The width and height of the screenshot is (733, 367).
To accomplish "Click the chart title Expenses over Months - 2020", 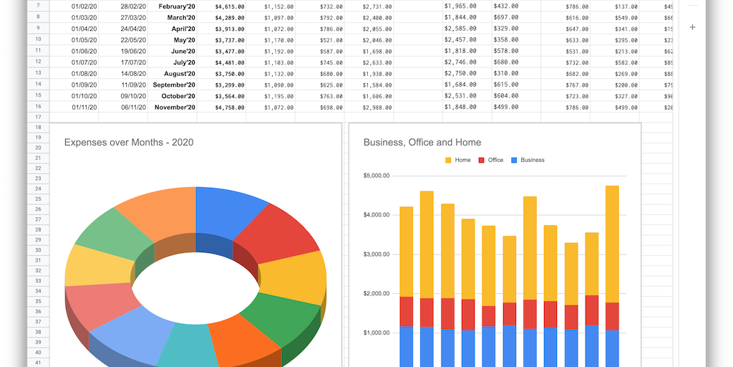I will click(x=129, y=142).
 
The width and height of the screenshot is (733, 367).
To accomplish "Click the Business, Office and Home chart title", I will click(x=422, y=142).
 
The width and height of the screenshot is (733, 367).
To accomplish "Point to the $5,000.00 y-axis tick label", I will click(x=376, y=176).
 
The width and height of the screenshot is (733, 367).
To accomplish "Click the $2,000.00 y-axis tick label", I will click(x=376, y=294).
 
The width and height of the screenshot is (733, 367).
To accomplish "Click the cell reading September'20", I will click(x=174, y=85).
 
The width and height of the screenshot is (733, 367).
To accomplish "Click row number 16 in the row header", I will click(x=37, y=108).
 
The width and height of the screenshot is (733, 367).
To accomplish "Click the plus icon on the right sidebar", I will click(x=692, y=27).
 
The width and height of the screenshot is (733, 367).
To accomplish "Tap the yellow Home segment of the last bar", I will click(x=612, y=244).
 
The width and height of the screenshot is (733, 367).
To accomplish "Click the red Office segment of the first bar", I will click(x=407, y=311).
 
